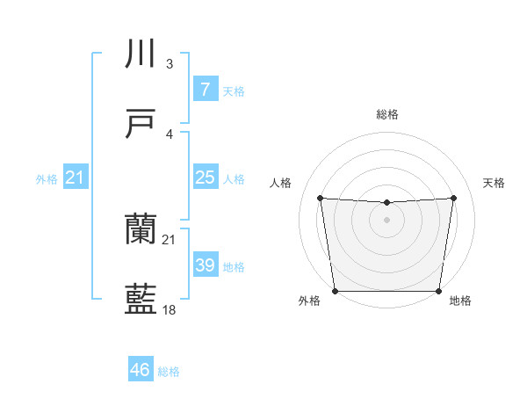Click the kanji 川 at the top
pyautogui.click(x=141, y=54)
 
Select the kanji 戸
pyautogui.click(x=141, y=125)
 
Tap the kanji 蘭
pyautogui.click(x=141, y=230)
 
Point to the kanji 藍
pyautogui.click(x=141, y=301)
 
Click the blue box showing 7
pyautogui.click(x=205, y=90)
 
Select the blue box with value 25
pyautogui.click(x=205, y=178)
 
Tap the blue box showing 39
pyautogui.click(x=205, y=265)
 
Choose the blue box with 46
pyautogui.click(x=141, y=370)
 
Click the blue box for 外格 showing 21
pyautogui.click(x=76, y=178)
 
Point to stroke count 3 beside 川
pyautogui.click(x=170, y=64)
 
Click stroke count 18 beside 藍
pyautogui.click(x=170, y=310)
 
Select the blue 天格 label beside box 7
pyautogui.click(x=234, y=91)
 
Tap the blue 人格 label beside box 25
pyautogui.click(x=234, y=178)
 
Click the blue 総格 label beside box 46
pyautogui.click(x=169, y=371)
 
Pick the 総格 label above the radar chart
pyautogui.click(x=386, y=114)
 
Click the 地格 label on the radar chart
pyautogui.click(x=460, y=301)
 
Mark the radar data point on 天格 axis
pyautogui.click(x=453, y=198)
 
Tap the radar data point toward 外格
pyautogui.click(x=335, y=291)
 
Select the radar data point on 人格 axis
pyautogui.click(x=321, y=198)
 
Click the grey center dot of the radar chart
pyautogui.click(x=386, y=220)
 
